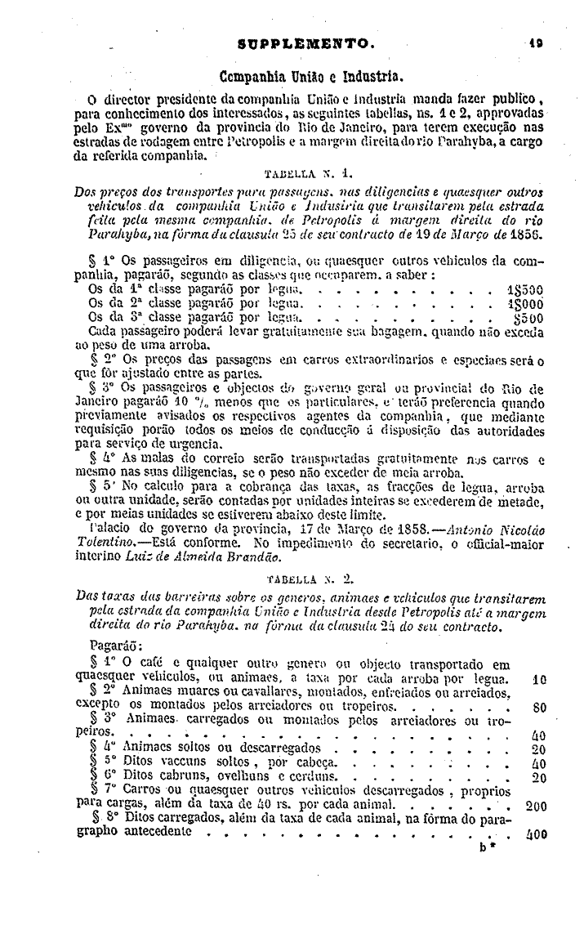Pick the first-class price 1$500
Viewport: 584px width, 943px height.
coord(525,288)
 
